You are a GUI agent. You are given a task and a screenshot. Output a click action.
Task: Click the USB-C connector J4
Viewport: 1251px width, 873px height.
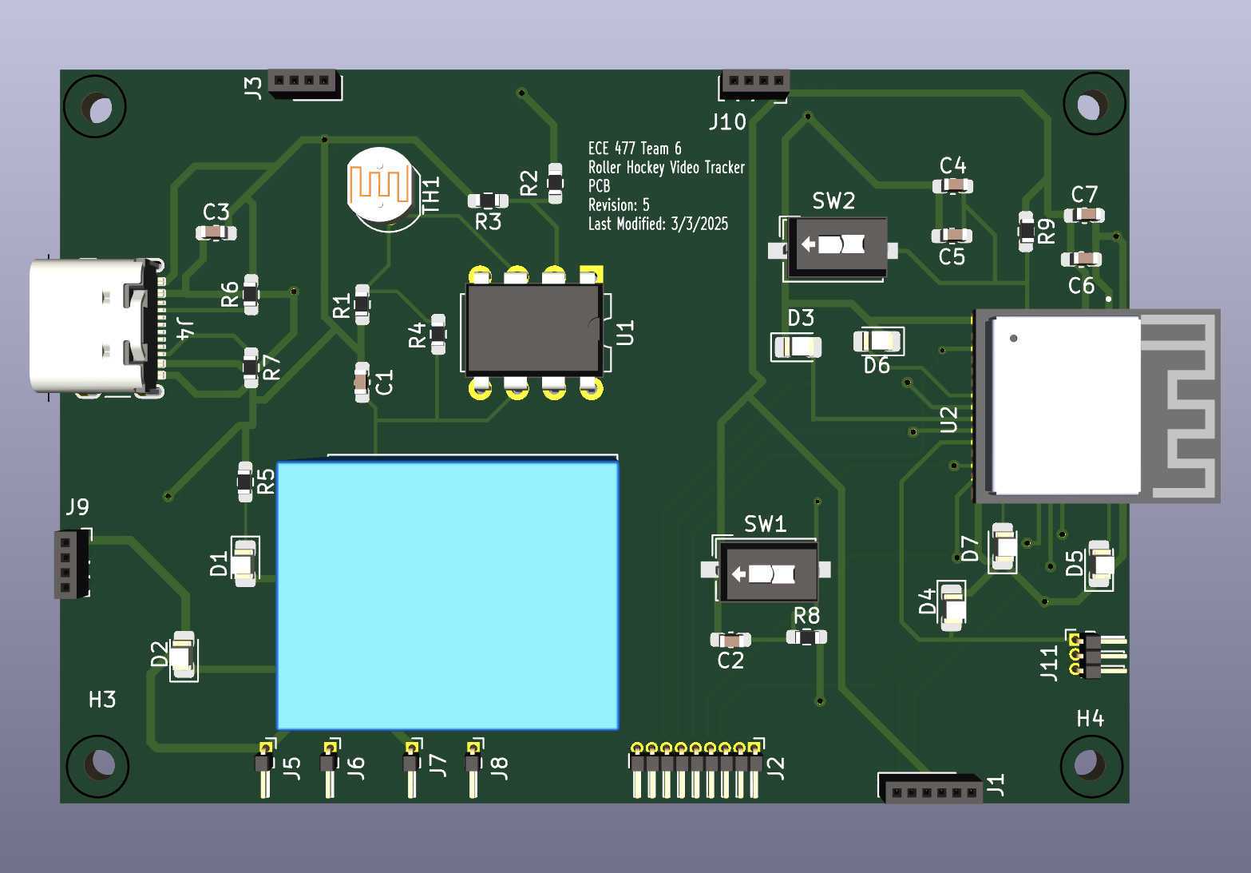click(x=96, y=327)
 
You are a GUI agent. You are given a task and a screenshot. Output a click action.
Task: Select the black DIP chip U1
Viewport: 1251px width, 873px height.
click(x=534, y=330)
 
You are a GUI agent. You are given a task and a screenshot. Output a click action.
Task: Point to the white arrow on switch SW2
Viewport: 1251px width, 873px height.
click(x=808, y=244)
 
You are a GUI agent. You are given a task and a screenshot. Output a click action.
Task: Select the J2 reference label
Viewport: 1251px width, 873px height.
click(x=776, y=769)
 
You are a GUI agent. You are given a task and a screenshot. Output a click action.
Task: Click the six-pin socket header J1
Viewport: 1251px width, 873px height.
click(x=930, y=788)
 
